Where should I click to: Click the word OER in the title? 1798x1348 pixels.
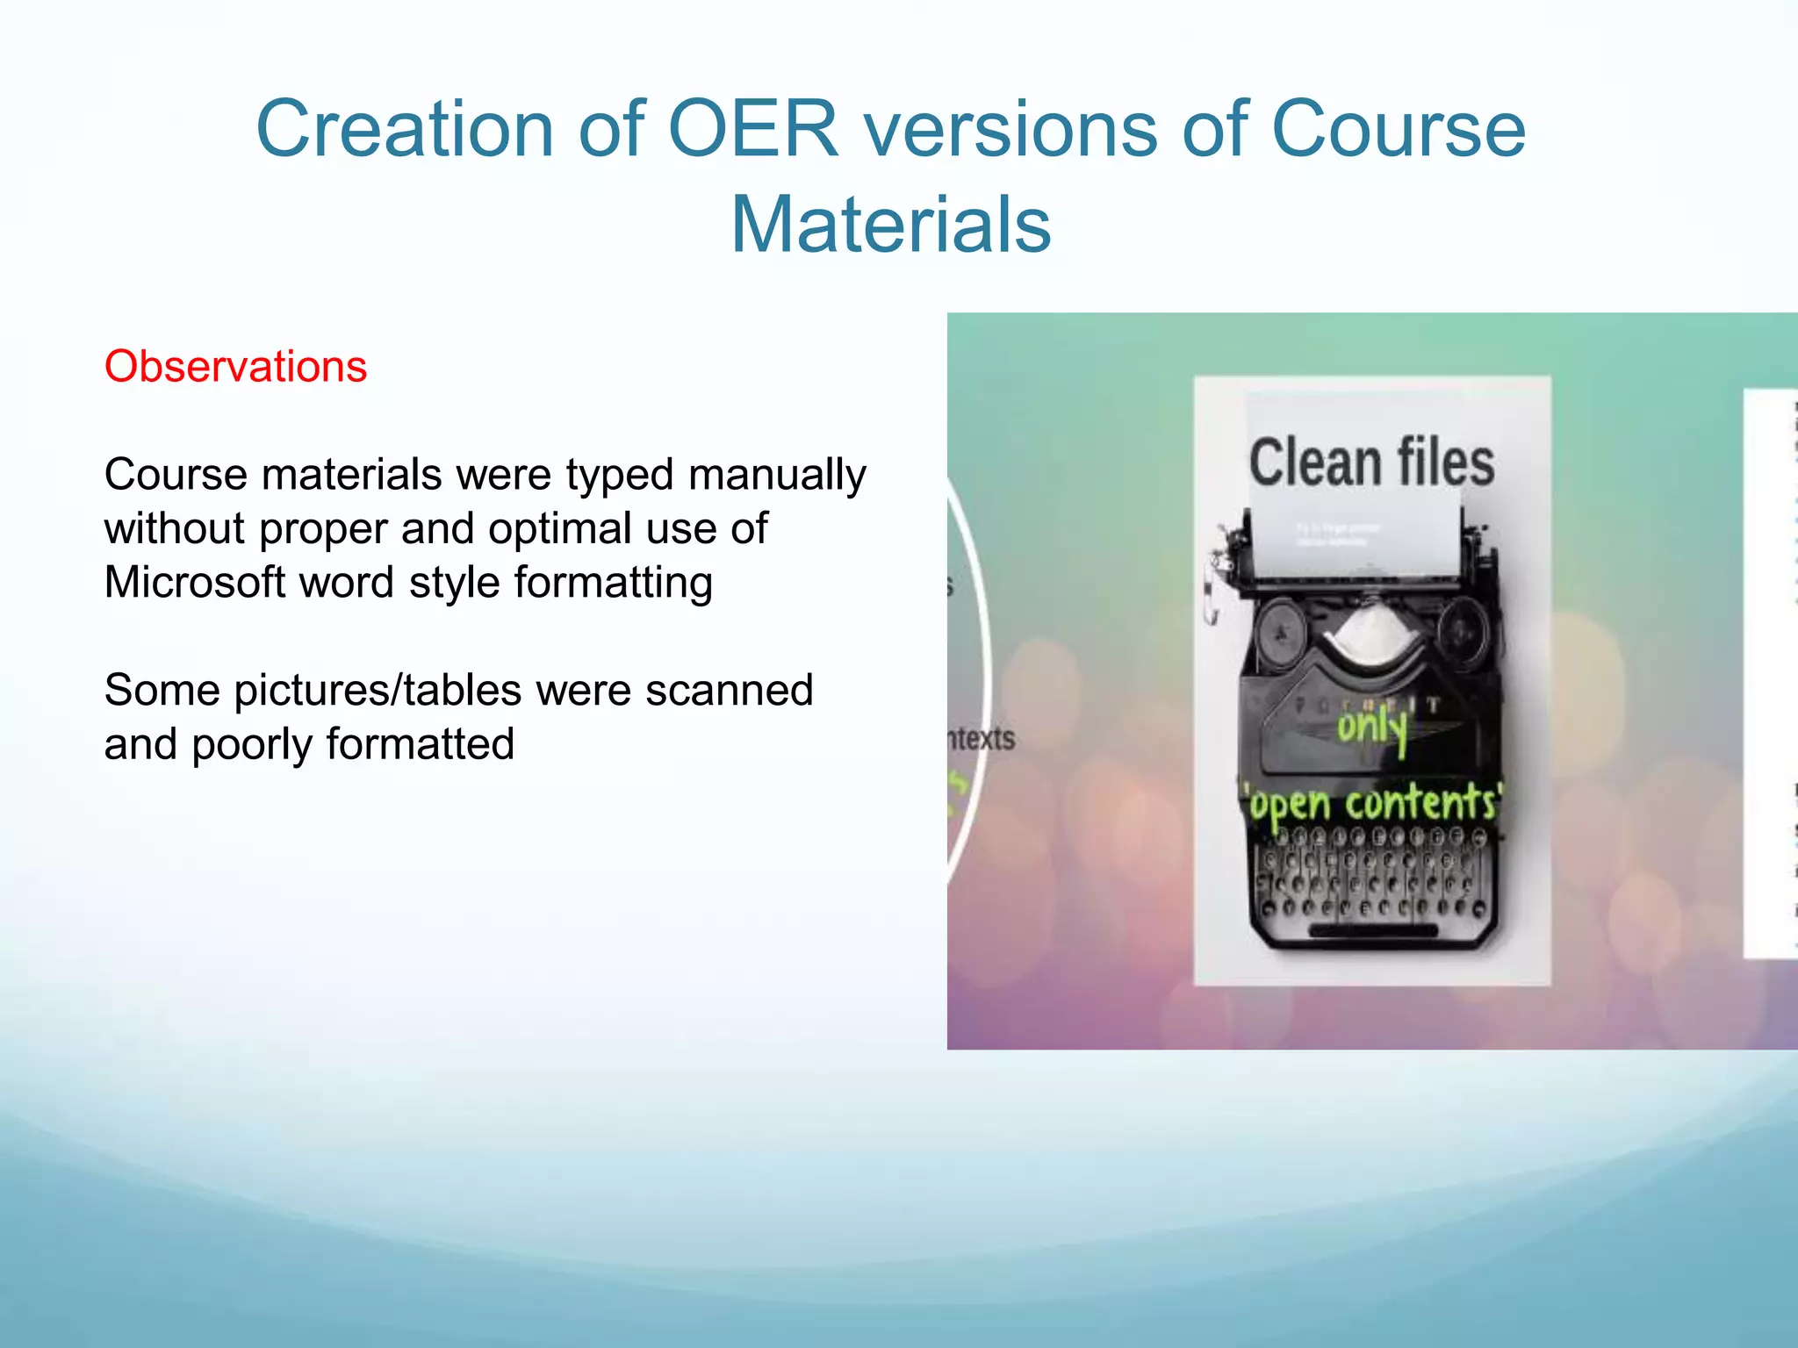(753, 129)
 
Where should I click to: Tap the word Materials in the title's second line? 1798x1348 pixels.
(890, 226)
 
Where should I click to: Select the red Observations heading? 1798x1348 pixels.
(235, 366)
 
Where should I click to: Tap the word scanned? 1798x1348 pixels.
(729, 690)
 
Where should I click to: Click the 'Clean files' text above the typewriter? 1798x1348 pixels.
(1371, 462)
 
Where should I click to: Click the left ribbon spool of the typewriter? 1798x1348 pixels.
(1283, 630)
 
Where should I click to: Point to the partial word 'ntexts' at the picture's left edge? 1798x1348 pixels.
(982, 738)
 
